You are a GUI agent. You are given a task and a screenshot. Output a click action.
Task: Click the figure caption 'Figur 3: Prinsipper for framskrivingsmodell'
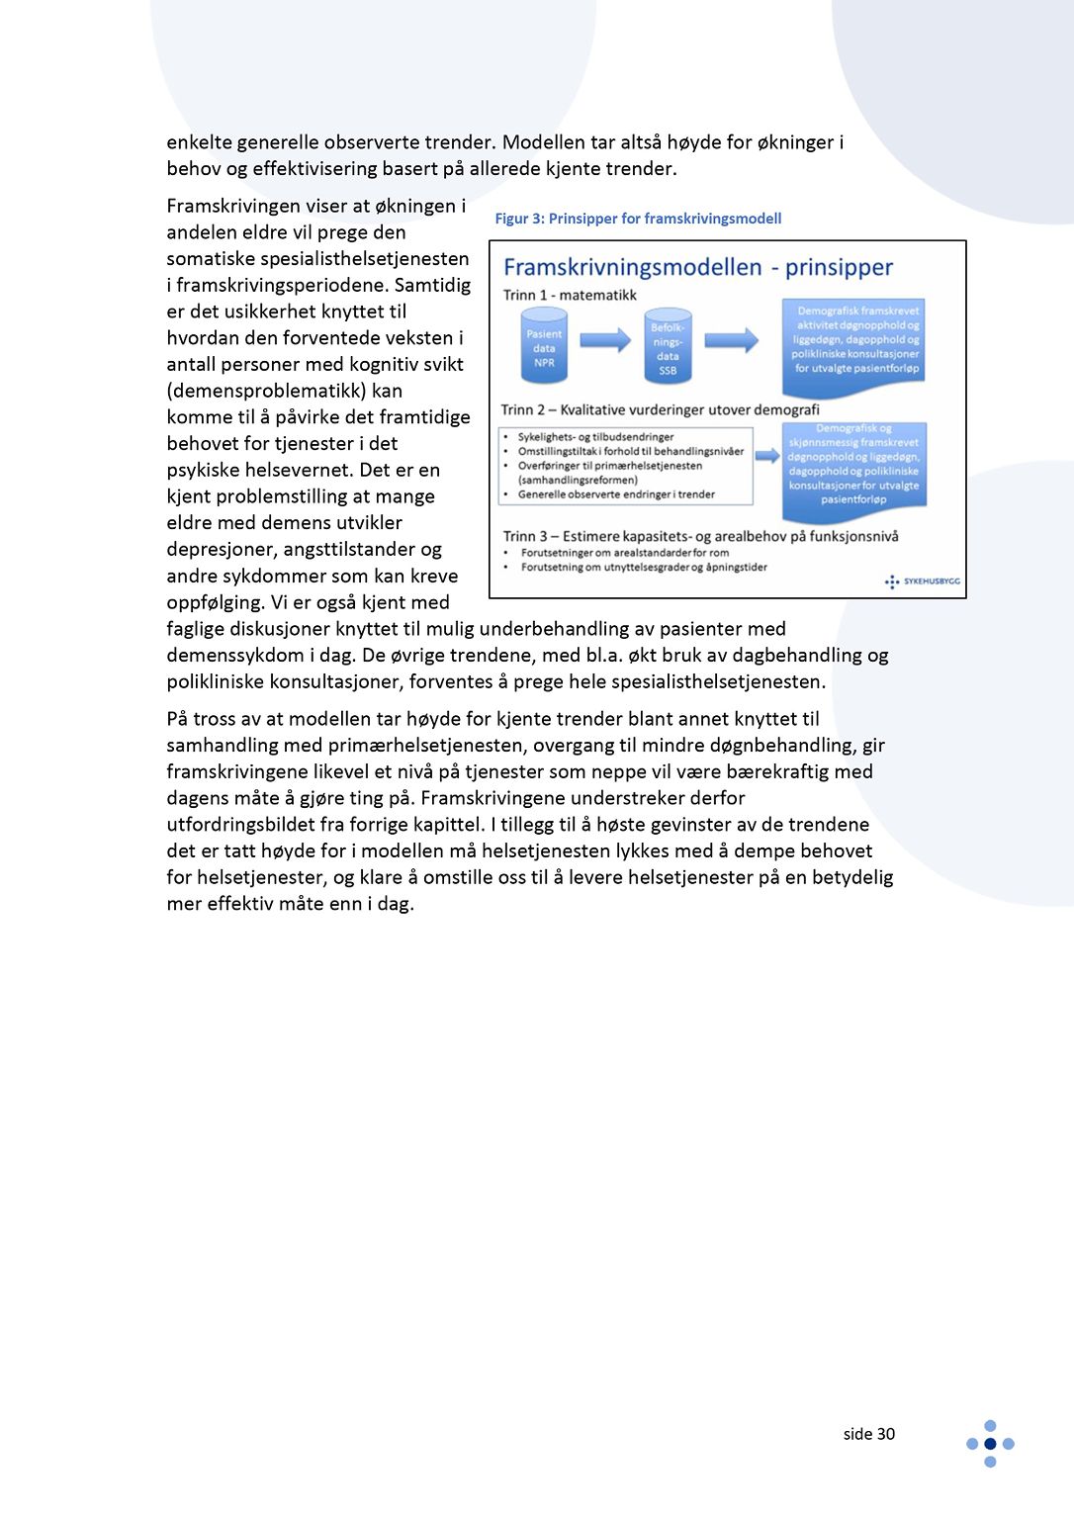tap(638, 219)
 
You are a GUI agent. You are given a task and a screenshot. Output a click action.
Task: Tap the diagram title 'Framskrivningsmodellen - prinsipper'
tap(697, 267)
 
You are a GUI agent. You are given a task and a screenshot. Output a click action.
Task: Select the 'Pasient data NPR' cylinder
tap(544, 346)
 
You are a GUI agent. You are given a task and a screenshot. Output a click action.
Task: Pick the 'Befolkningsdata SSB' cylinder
tap(668, 348)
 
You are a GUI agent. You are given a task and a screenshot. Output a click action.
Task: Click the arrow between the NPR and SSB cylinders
tap(605, 340)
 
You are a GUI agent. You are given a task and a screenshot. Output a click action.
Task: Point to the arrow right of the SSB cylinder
tap(731, 340)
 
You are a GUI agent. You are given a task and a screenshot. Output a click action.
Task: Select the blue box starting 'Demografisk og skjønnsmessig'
tap(853, 466)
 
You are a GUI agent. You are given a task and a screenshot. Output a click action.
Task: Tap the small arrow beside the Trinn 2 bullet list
tap(767, 456)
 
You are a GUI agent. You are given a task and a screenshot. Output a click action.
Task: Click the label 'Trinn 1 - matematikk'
tap(570, 295)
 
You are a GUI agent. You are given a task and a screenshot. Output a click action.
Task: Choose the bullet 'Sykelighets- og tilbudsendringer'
tap(595, 436)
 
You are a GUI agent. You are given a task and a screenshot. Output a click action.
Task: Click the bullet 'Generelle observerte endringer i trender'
tap(616, 494)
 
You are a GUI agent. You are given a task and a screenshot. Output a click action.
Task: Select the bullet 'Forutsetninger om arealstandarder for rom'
tap(625, 553)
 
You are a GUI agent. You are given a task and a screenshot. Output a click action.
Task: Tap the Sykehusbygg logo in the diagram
tap(923, 581)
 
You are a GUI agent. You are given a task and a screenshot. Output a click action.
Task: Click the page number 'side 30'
tap(868, 1434)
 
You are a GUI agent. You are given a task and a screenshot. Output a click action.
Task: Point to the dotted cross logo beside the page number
tap(990, 1444)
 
